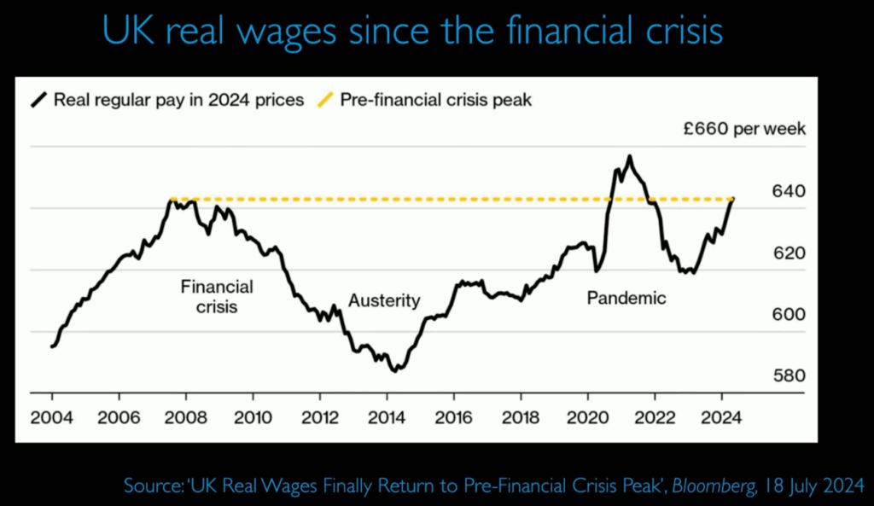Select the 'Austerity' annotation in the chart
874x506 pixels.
pos(384,300)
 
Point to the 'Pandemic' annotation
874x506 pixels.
pos(626,299)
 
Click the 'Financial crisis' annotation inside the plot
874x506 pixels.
pos(217,296)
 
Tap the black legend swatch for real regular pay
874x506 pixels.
pos(38,100)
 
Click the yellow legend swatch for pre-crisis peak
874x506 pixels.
pos(325,100)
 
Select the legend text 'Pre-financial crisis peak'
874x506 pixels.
pos(436,100)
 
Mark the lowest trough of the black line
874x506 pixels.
pos(394,371)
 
